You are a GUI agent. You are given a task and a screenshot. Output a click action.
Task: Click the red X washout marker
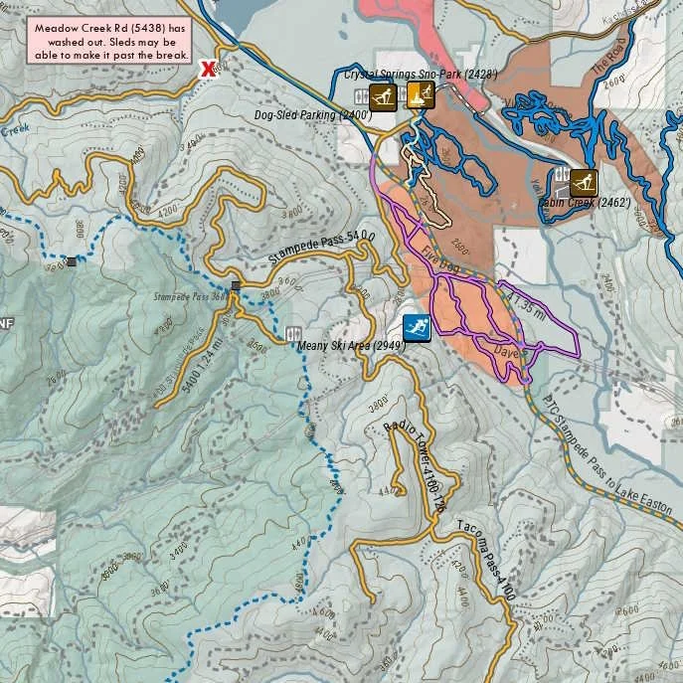click(208, 69)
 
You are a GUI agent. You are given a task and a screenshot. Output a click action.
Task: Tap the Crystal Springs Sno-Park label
click(421, 75)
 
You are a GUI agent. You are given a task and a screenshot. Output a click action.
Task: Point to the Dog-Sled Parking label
click(313, 116)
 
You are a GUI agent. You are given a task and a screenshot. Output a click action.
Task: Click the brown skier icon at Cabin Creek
click(584, 182)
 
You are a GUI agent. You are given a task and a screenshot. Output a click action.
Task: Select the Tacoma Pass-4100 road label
click(486, 561)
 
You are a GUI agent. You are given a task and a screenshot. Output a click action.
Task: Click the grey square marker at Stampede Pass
click(236, 286)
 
